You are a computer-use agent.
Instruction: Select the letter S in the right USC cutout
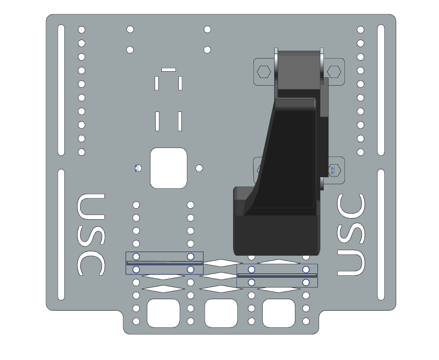coord(351,234)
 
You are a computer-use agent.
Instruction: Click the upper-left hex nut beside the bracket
coord(264,72)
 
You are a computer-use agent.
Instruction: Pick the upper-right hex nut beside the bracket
coord(334,72)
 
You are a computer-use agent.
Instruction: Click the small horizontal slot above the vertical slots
coord(168,70)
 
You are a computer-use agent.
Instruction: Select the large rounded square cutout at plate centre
coord(168,168)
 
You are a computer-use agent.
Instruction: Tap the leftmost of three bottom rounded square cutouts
coord(163,313)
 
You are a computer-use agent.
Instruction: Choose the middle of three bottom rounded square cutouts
coord(221,313)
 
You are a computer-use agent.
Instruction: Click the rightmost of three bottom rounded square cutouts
coord(278,313)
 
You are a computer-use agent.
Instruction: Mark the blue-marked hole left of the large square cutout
coord(137,168)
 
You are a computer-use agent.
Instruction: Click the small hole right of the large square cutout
coord(199,168)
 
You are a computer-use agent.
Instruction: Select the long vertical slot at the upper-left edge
coord(61,90)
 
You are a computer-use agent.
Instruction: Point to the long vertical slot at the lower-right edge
coord(381,234)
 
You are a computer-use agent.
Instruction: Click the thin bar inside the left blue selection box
coord(164,263)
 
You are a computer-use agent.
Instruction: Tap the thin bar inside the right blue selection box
coord(277,275)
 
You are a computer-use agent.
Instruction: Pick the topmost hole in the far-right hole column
coord(361,30)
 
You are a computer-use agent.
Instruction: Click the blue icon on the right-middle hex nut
coord(333,170)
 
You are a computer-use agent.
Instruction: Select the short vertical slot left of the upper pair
coord(156,83)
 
